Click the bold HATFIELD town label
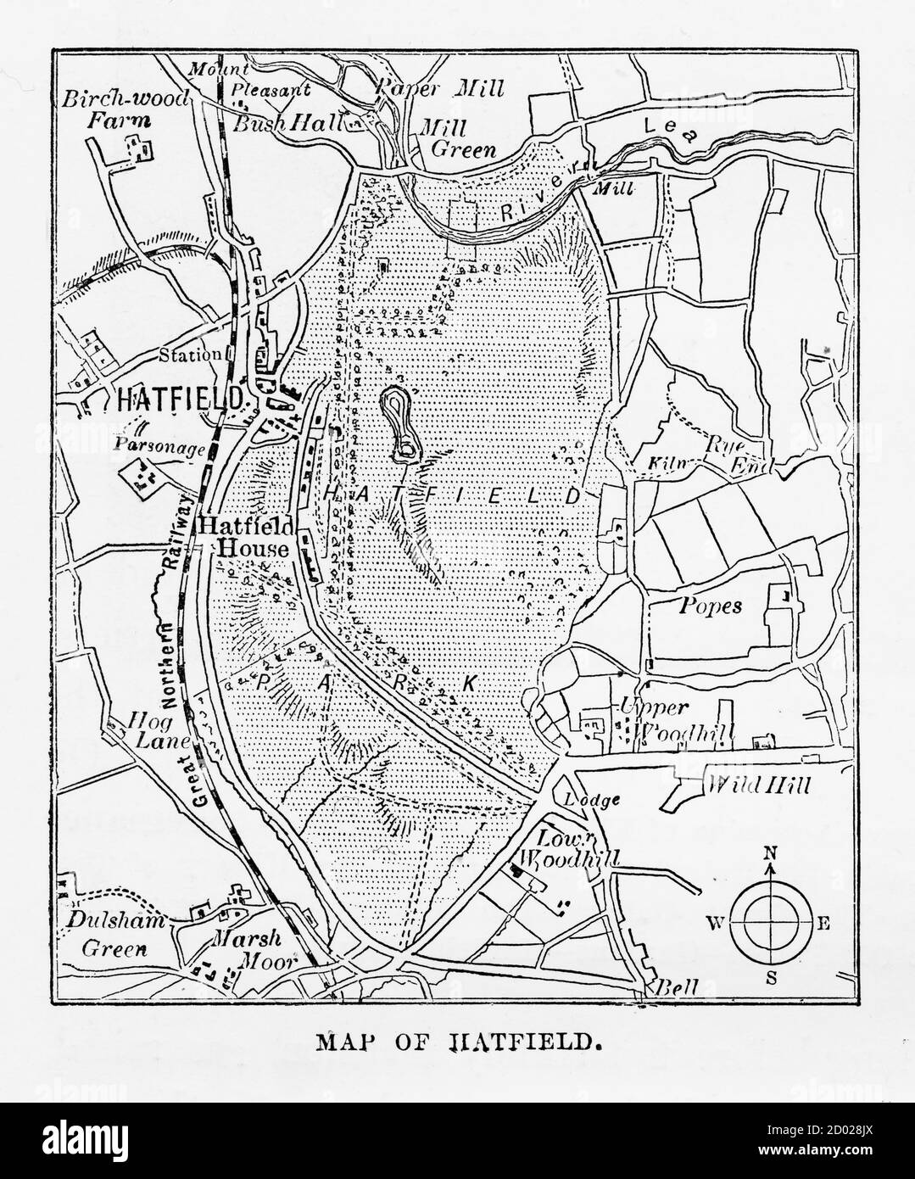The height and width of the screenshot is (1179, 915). (x=179, y=399)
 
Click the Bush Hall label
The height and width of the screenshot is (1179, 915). (x=287, y=123)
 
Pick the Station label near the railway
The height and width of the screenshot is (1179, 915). (x=194, y=355)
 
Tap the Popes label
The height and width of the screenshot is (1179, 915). (x=711, y=606)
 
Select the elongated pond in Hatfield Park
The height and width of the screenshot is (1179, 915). (x=400, y=425)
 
